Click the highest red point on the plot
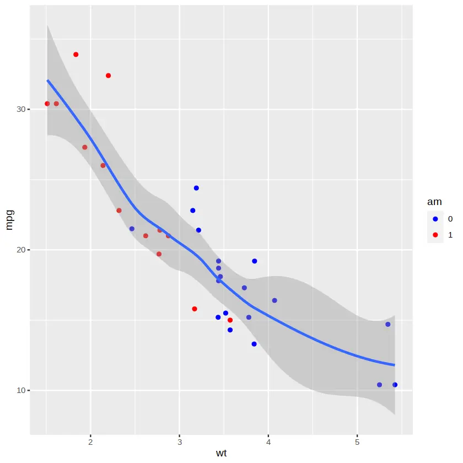coord(76,55)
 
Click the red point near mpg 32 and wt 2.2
coord(109,76)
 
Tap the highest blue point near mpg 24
coord(196,188)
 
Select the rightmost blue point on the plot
coord(395,385)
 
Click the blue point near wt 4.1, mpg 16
coord(274,300)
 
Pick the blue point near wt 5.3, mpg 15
coord(388,324)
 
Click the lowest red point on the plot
coord(230,320)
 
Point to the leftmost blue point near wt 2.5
coord(132,229)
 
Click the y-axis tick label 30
coord(21,109)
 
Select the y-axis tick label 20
coord(21,250)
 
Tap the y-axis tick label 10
coord(21,390)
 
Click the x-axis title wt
coord(221,454)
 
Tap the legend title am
coord(434,202)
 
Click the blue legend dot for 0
coord(435,219)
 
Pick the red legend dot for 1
coord(435,234)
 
